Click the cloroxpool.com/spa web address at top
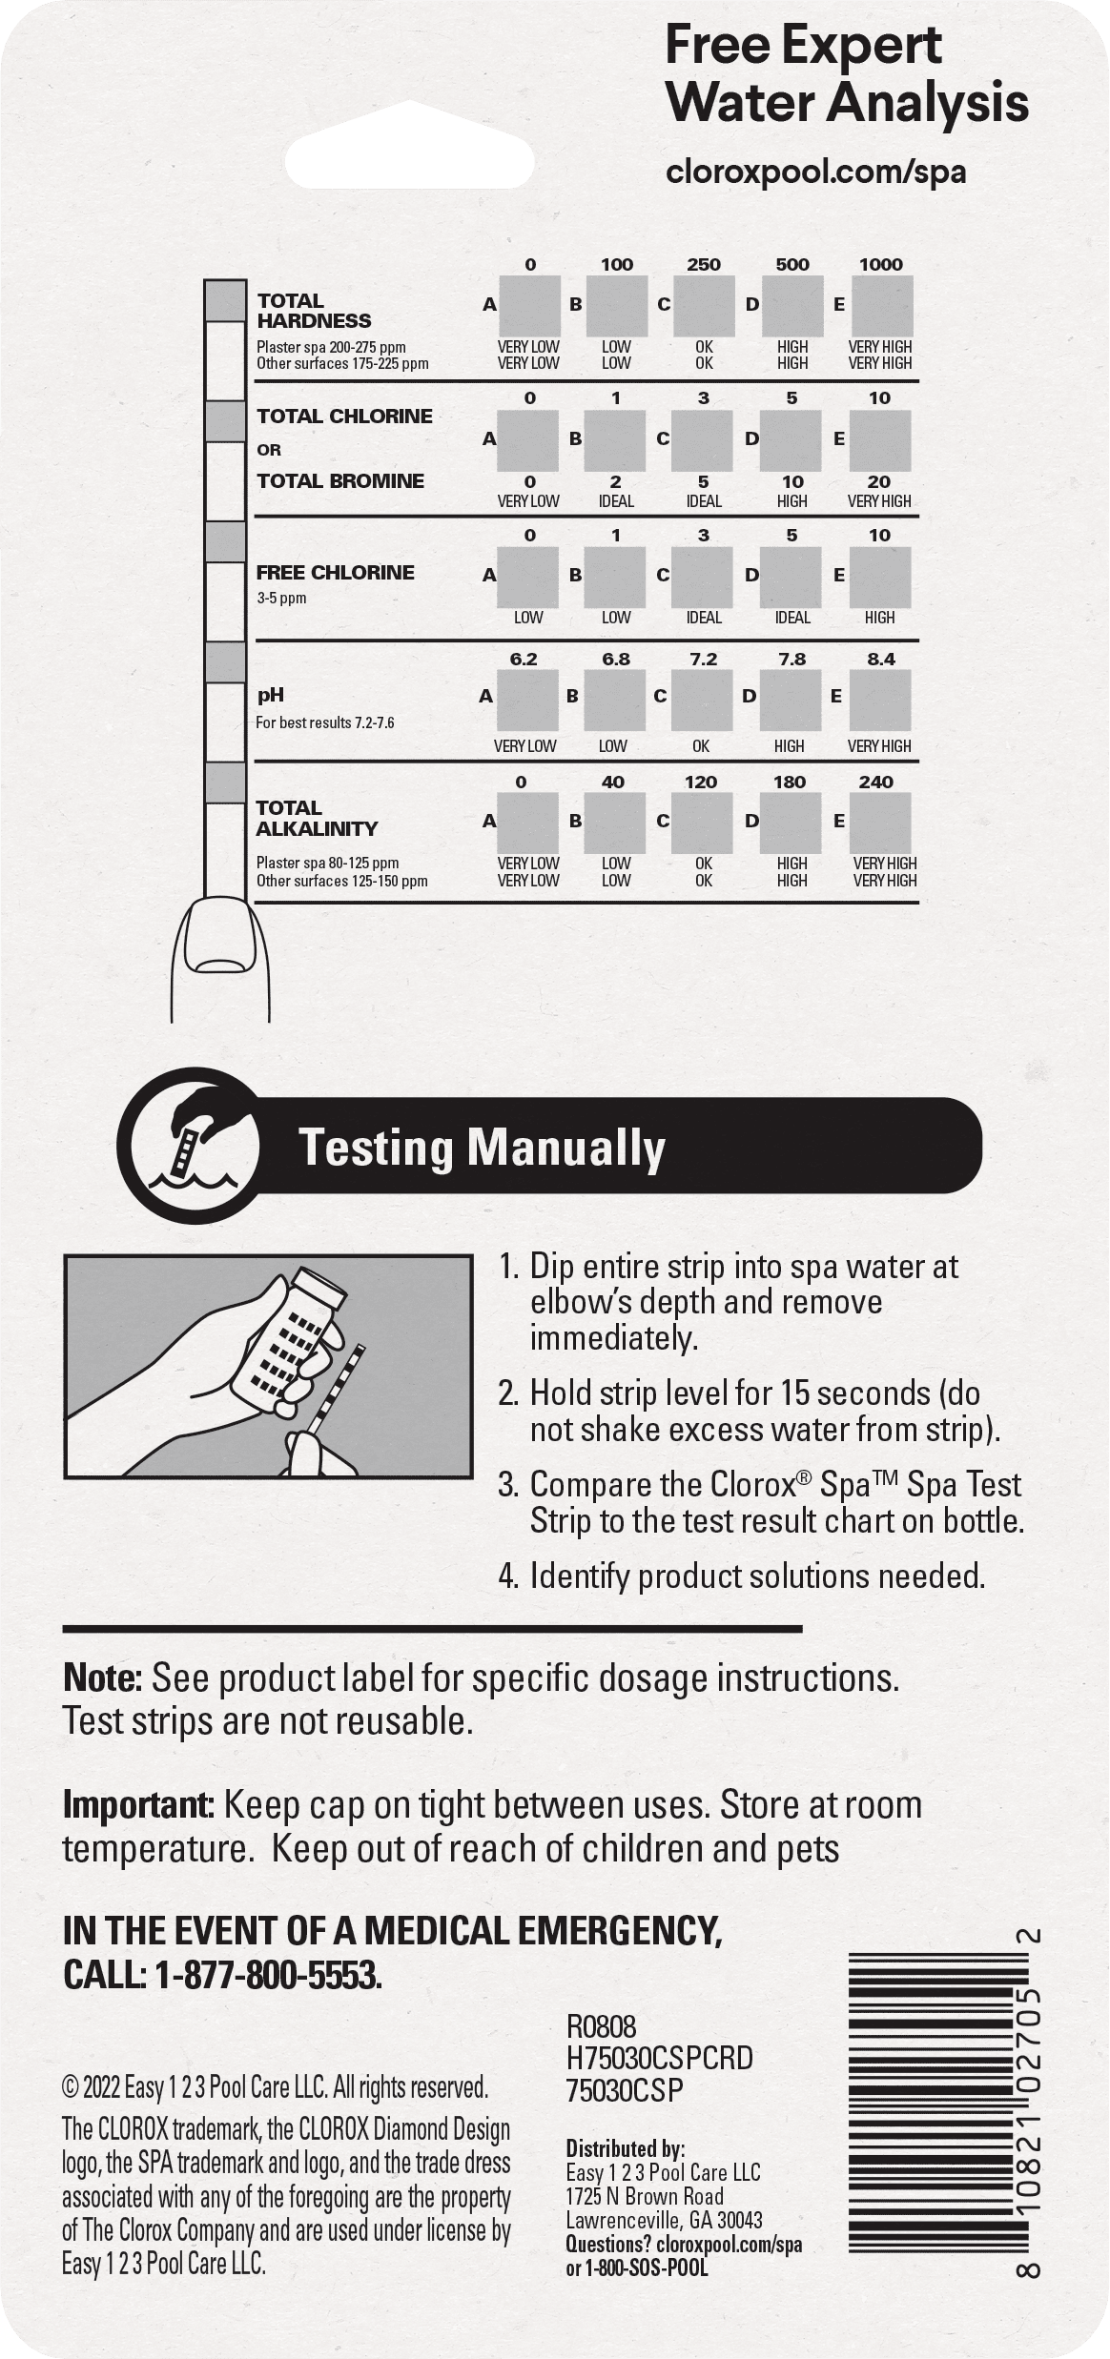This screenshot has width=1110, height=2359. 815,172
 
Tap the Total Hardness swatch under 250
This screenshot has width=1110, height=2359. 705,306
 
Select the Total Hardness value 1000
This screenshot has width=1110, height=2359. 880,264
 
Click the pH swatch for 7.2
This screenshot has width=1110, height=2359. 702,700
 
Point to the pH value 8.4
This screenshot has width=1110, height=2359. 880,659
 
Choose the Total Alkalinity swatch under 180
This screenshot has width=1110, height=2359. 791,823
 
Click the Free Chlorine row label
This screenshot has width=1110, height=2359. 335,572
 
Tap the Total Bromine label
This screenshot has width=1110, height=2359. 340,480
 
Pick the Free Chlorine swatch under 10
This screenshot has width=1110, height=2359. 879,577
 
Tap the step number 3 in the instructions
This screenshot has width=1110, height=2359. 507,1485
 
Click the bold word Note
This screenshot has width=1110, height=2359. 103,1678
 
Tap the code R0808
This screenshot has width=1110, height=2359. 601,2026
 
